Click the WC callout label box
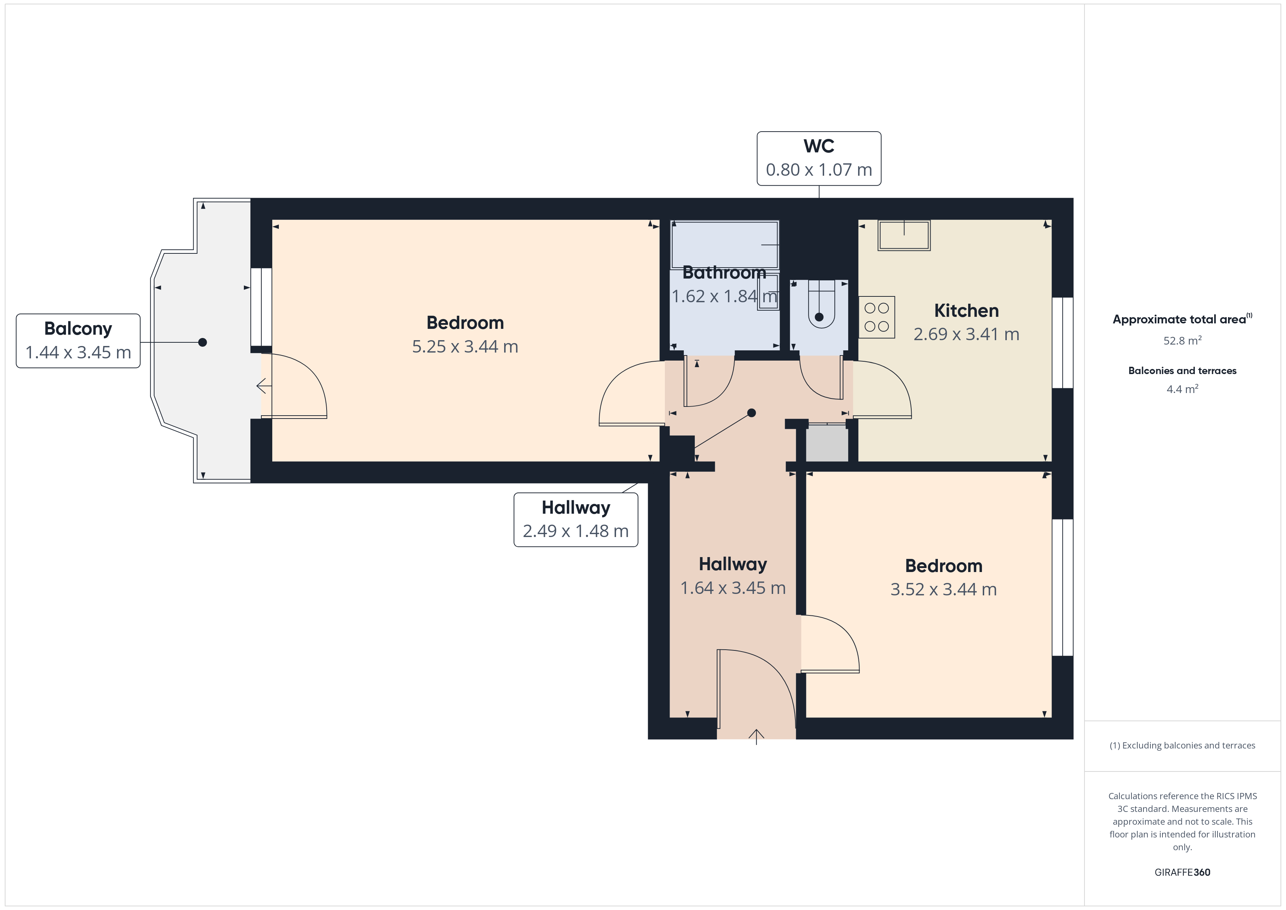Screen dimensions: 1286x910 [818, 159]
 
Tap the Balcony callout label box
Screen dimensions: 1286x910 [78, 341]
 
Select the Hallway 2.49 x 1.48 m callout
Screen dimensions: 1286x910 [576, 520]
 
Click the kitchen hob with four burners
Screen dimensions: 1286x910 [877, 317]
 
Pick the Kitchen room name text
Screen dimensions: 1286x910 [966, 310]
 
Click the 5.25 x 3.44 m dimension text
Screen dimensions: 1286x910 [465, 346]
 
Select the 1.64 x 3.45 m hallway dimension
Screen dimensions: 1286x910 [733, 587]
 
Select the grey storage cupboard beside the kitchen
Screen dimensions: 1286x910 [827, 443]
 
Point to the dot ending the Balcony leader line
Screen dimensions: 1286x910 [203, 342]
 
